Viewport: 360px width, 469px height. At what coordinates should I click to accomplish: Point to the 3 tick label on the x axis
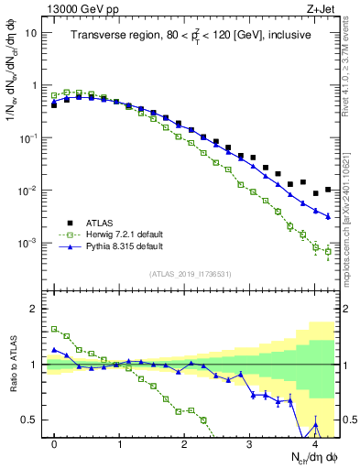click(250, 442)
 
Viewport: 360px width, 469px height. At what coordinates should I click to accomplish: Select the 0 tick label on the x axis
click(54, 442)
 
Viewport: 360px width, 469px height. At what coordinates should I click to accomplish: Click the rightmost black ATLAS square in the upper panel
click(328, 190)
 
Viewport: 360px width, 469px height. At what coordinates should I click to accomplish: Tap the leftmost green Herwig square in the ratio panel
click(54, 329)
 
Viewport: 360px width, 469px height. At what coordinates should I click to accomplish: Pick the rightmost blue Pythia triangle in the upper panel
click(328, 216)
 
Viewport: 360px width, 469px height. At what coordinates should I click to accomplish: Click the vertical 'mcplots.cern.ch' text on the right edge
click(351, 229)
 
